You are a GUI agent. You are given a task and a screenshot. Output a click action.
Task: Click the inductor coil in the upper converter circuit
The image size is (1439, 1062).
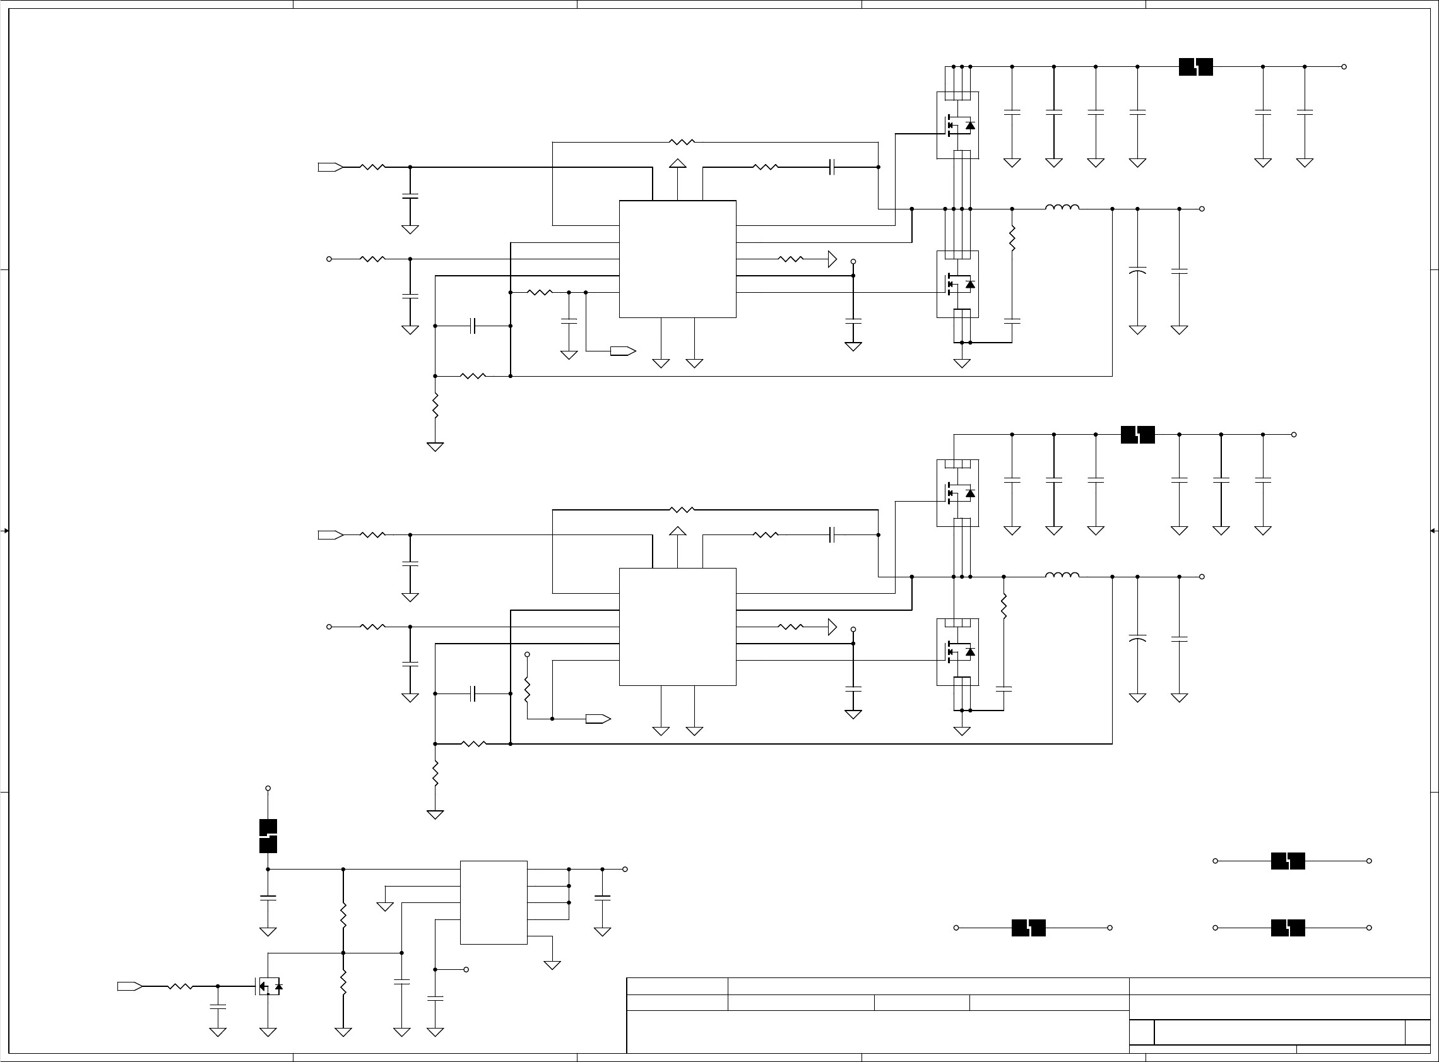1062,207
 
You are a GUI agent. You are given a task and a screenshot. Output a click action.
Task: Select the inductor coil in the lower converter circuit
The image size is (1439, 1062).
1062,575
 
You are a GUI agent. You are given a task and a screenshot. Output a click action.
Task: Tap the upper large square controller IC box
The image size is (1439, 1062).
677,259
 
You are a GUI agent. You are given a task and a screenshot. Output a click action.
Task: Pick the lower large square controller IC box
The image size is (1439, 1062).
677,627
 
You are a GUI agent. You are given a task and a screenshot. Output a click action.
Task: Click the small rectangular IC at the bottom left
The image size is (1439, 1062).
493,902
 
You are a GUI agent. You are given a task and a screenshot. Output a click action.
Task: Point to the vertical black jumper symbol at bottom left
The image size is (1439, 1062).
268,835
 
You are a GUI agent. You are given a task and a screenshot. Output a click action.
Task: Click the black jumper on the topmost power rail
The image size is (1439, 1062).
1195,67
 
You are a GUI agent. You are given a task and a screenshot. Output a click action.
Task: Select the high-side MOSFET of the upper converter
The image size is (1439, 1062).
957,126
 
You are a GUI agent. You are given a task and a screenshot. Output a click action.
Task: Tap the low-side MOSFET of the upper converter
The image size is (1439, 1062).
957,284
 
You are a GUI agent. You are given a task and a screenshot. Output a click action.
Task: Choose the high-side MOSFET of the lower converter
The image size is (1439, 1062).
957,493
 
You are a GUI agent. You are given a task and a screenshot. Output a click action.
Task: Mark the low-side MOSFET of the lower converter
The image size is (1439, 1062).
957,652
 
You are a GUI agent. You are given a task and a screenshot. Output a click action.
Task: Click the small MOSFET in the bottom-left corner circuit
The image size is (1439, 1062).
269,986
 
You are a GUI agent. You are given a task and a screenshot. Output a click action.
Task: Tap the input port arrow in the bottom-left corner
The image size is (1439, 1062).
129,986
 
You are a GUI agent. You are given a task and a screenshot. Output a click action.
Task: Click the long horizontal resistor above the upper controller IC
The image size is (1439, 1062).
682,142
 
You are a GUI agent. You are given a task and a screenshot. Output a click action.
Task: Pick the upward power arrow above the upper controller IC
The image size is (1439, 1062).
677,163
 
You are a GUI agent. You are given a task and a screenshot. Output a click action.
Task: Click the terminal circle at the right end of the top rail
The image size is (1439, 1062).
1344,67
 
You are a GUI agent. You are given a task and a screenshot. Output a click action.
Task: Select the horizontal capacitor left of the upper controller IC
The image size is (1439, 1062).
473,326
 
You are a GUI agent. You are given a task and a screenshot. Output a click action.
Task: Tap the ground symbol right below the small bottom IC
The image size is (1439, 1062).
552,965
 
